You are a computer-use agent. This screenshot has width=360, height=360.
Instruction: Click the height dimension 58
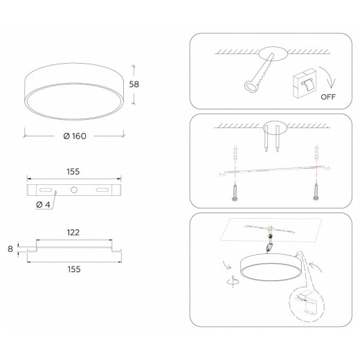(134, 84)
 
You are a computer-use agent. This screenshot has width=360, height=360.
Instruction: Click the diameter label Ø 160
(75, 136)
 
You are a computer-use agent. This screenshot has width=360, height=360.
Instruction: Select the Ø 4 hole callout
(43, 204)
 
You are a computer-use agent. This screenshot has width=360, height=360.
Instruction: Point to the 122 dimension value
(73, 233)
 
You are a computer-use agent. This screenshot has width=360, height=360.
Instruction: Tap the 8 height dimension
(10, 249)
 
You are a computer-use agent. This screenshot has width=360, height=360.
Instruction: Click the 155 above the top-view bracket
(73, 172)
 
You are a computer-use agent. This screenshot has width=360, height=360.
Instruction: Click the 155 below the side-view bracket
(74, 269)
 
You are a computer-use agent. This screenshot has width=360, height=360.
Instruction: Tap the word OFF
(328, 97)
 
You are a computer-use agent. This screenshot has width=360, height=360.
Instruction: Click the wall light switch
(305, 83)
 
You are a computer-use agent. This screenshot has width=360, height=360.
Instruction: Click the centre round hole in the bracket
(74, 190)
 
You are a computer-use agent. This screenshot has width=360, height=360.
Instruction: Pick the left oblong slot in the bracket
(46, 190)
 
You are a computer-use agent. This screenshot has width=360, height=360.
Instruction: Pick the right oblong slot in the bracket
(102, 190)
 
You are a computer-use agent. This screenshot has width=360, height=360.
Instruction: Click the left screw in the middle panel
(235, 192)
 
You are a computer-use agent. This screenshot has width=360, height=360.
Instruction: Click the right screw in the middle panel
(316, 192)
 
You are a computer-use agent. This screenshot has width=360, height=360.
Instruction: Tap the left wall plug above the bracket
(235, 152)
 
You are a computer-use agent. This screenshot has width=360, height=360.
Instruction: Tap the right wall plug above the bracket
(316, 151)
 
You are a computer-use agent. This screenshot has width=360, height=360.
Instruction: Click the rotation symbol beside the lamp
(233, 281)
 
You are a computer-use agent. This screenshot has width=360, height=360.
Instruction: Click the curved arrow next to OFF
(330, 77)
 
